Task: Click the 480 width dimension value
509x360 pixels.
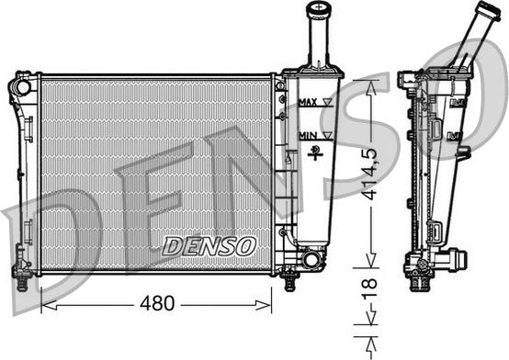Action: (x=157, y=303)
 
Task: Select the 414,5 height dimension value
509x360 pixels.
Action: (x=370, y=174)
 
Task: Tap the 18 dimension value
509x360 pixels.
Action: (x=369, y=288)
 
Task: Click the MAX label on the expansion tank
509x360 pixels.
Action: (x=308, y=103)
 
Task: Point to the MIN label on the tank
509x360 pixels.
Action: (x=308, y=136)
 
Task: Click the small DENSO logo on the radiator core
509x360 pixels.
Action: (x=209, y=246)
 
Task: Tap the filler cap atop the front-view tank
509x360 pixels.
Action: (x=320, y=9)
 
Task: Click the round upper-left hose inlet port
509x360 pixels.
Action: (x=24, y=86)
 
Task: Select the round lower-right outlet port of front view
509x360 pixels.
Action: (x=311, y=260)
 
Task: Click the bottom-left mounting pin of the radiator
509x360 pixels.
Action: (x=22, y=283)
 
